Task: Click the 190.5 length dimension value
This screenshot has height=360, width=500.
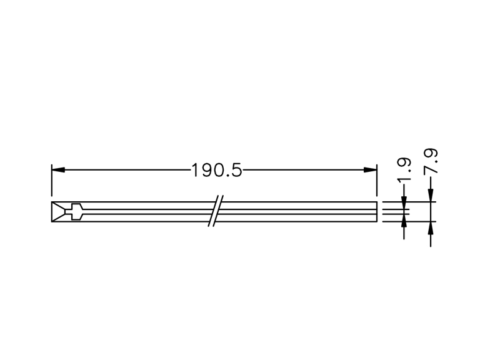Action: click(x=216, y=170)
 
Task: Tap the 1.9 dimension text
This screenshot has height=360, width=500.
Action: click(x=404, y=169)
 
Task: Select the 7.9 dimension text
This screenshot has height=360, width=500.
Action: click(x=431, y=162)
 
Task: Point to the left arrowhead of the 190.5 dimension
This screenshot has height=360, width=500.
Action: click(x=58, y=170)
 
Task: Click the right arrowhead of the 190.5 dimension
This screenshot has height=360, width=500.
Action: click(x=370, y=170)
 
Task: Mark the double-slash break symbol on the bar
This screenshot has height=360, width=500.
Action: click(x=216, y=211)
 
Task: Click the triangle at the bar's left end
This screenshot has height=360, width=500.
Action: click(x=57, y=212)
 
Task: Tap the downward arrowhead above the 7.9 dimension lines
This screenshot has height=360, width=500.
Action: click(x=431, y=196)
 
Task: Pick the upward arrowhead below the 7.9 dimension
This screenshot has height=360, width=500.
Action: click(x=431, y=228)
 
